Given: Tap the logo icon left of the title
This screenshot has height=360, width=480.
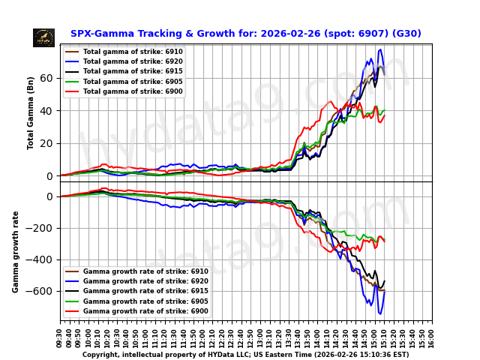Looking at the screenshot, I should (43, 37).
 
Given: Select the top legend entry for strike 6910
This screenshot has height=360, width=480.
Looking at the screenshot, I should (124, 52).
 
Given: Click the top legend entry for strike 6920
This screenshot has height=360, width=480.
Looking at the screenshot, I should (124, 61).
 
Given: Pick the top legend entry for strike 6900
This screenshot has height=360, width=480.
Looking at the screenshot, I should (124, 91).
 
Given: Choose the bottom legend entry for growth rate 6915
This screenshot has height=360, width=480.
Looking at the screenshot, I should (135, 291).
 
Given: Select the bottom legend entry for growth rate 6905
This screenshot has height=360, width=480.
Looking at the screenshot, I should (135, 301).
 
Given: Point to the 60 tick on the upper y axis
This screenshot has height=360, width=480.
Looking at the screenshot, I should (46, 78).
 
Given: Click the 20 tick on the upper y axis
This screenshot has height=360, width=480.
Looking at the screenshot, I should (46, 143).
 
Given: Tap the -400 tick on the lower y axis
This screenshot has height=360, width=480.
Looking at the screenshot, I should (41, 259).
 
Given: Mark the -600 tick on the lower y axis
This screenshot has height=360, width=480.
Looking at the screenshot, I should (41, 291).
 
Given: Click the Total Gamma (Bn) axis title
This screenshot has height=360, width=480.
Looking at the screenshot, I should (31, 112).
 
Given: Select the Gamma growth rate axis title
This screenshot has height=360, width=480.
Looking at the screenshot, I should (16, 251).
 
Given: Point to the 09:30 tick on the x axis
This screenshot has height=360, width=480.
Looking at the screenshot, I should (60, 334).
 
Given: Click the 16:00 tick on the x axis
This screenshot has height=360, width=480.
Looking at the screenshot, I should (432, 334).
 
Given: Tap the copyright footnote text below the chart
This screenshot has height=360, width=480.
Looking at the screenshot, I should (245, 355).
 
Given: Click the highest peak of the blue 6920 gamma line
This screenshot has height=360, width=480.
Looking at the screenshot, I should (381, 49).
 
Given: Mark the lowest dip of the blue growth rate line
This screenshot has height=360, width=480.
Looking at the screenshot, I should (379, 313).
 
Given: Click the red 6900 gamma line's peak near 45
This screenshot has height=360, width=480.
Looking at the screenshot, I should (330, 102).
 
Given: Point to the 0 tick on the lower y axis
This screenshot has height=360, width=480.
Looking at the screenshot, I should (49, 196).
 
